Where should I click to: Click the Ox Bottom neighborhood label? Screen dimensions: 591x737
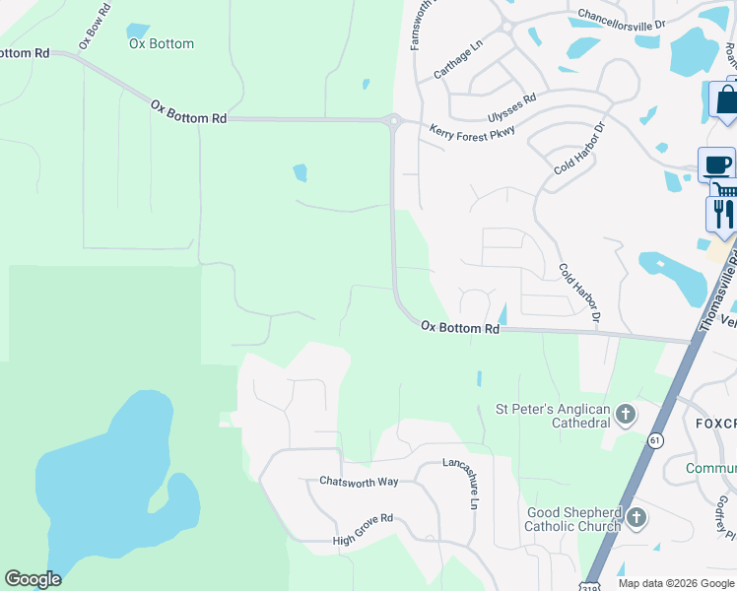tap(162, 43)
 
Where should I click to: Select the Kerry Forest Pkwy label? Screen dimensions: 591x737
tap(472, 131)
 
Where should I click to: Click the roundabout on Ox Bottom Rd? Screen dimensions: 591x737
tap(393, 121)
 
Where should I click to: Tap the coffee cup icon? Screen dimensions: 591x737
tap(716, 164)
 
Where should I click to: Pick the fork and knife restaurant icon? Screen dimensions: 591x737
tap(723, 214)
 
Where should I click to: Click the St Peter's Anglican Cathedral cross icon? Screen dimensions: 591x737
tap(626, 415)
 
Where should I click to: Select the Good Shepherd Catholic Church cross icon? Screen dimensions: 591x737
tap(636, 517)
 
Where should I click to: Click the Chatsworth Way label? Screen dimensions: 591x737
tap(359, 481)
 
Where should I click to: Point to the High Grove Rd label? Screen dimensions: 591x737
tap(363, 516)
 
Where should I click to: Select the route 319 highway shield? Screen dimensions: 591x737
tap(590, 583)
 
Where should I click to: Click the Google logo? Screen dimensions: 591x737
tap(33, 579)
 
